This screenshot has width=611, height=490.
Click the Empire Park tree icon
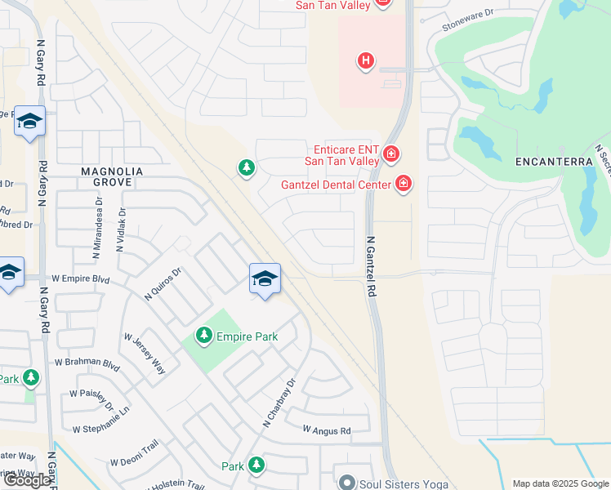coord(204,335)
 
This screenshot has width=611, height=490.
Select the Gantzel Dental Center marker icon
coord(403,184)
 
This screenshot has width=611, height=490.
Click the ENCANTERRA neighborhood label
coord(554,162)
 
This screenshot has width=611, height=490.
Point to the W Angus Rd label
coord(327,430)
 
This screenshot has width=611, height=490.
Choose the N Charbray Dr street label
coord(278,403)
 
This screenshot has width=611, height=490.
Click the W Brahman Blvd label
coord(87,361)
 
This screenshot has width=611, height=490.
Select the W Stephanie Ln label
coord(101,429)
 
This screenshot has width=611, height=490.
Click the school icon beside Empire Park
coord(265,279)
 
